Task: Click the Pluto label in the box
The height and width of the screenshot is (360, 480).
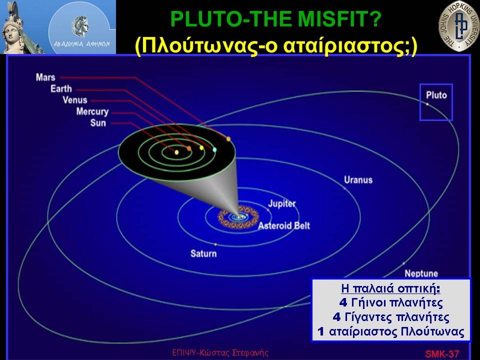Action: [x=436, y=95]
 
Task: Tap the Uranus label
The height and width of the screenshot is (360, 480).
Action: [x=358, y=179]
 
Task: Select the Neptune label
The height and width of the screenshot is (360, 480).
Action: [x=421, y=273]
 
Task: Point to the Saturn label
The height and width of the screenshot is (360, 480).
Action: [x=203, y=253]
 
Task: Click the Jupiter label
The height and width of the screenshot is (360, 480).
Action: [x=282, y=203]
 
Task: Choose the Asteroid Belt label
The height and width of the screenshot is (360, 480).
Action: [x=284, y=226]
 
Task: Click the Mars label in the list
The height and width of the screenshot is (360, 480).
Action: [x=45, y=77]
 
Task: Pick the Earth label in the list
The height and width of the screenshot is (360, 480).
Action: [x=61, y=89]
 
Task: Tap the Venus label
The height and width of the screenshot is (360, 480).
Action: [x=75, y=100]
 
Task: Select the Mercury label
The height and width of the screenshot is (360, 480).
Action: [x=92, y=111]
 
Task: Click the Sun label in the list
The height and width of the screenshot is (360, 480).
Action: [x=98, y=123]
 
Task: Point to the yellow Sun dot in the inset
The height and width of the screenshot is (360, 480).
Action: [x=176, y=152]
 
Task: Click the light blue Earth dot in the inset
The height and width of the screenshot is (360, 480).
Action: [x=214, y=149]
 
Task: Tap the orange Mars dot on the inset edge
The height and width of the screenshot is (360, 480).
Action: [x=228, y=139]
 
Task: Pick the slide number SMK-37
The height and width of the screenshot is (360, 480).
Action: [x=441, y=354]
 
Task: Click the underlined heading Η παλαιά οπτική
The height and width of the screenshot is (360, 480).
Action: [x=390, y=288]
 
